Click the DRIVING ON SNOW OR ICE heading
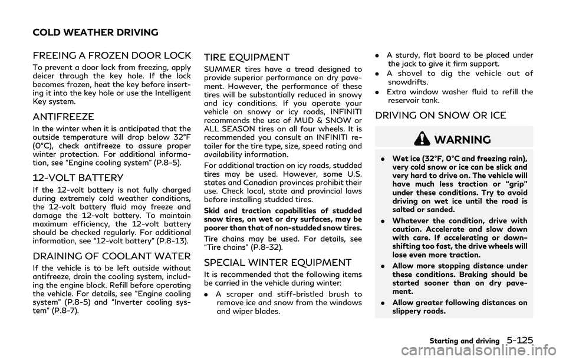coord(440,115)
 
